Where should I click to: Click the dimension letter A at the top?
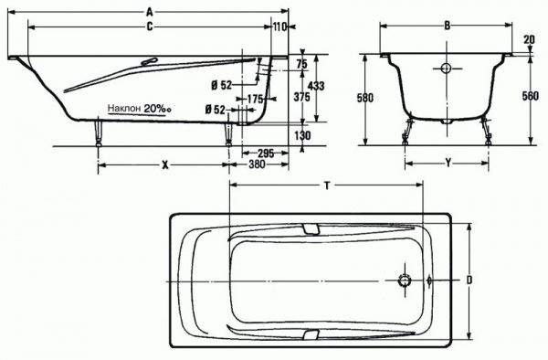[x=150, y=13]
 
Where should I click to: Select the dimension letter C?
[x=150, y=26]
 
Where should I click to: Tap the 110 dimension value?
[x=280, y=26]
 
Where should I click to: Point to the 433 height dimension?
[x=317, y=86]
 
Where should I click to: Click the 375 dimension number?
[x=301, y=97]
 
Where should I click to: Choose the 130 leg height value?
[x=301, y=135]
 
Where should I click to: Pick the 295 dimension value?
[x=266, y=154]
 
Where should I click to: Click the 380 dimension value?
[x=257, y=164]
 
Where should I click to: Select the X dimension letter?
[x=165, y=164]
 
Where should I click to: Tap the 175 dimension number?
[x=255, y=100]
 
